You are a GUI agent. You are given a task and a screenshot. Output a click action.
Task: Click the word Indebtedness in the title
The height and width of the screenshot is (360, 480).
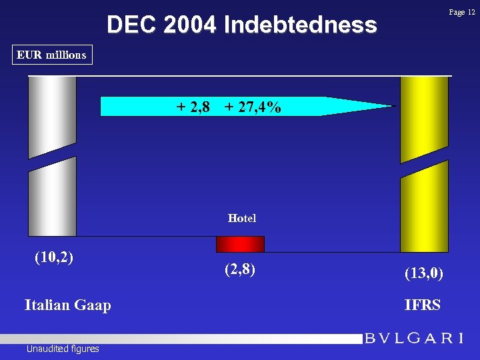301,25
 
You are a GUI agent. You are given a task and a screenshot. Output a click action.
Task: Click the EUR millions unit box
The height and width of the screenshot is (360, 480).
52,55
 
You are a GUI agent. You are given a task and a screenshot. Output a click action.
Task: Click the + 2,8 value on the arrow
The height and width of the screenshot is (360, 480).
193,107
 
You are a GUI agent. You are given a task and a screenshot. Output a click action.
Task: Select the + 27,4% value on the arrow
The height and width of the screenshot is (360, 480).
253,107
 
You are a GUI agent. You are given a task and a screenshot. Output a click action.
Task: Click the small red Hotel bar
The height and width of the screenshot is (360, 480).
240,244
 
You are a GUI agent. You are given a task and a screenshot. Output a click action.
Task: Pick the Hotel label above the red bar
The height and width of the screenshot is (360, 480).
241,218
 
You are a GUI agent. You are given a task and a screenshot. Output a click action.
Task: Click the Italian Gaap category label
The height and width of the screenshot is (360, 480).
67,305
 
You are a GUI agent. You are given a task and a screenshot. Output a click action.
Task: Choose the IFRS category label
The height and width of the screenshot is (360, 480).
422,305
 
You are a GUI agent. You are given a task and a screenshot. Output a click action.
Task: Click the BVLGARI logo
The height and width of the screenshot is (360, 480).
413,339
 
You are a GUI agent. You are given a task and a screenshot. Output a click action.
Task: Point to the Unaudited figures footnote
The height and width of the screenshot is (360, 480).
63,349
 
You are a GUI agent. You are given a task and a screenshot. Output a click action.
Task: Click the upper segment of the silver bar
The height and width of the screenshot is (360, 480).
52,117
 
